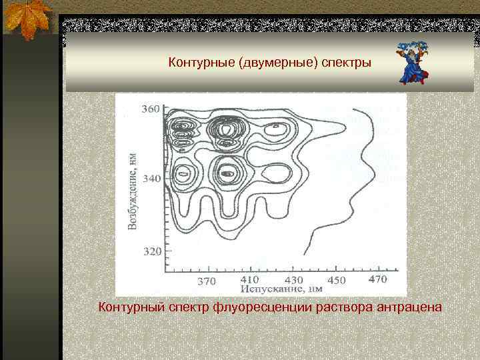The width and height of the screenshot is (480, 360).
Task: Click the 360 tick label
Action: pyautogui.click(x=151, y=109)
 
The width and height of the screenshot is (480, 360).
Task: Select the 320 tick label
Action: pyautogui.click(x=151, y=251)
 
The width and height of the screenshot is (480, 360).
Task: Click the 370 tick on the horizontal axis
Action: pyautogui.click(x=207, y=281)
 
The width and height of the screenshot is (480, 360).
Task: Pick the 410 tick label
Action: pyautogui.click(x=249, y=279)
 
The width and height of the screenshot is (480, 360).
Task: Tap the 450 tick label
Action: pyautogui.click(x=336, y=280)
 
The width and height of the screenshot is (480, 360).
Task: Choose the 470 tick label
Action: pyautogui.click(x=377, y=279)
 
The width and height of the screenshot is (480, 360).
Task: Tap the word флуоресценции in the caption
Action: pyautogui.click(x=259, y=307)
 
